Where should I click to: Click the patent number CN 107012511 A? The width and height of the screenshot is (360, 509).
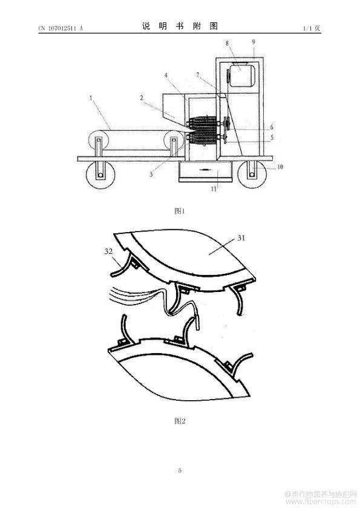coord(61,28)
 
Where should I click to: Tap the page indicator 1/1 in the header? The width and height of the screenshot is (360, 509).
coord(307,28)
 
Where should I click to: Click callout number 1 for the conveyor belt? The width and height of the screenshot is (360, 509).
coord(91,97)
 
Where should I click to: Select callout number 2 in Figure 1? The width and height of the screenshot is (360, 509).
coord(142,97)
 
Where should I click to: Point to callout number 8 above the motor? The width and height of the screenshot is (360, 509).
coord(227,43)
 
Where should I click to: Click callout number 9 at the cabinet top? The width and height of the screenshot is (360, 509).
coord(254,42)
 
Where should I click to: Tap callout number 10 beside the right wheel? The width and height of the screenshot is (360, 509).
coord(280,167)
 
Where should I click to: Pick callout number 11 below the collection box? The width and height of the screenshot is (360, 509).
coord(214,189)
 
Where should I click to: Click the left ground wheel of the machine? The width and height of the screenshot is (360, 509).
coord(100,174)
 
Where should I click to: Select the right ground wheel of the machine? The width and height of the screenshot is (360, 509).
coord(252,174)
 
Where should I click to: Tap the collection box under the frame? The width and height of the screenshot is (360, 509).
coord(205,172)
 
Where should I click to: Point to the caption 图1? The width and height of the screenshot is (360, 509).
coord(179,211)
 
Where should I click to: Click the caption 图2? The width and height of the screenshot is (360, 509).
coord(180,421)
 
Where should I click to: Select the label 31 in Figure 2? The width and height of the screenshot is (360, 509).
coord(241,238)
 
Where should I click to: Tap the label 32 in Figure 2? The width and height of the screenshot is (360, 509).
coord(108,251)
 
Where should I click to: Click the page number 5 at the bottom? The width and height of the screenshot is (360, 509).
coord(180,470)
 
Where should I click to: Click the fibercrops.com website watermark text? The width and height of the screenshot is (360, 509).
coord(321,502)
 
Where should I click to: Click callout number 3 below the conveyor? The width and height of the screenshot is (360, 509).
coord(151,174)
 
